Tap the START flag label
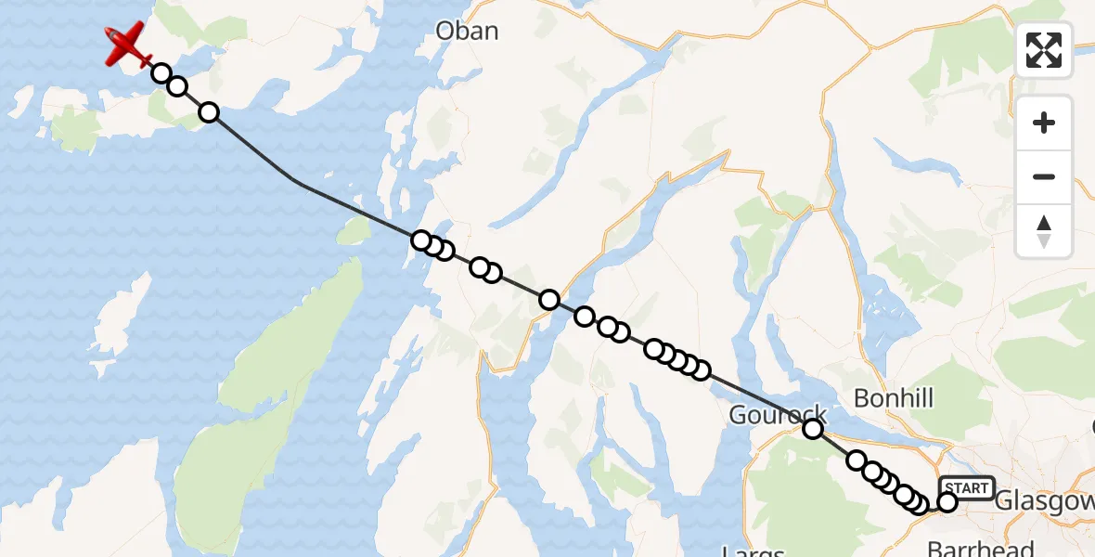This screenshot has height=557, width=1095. click(966, 487)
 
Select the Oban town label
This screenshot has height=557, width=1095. click(468, 31)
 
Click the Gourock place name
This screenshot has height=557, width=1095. click(778, 415)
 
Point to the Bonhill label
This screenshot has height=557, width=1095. click(894, 398)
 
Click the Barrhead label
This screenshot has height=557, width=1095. click(982, 548)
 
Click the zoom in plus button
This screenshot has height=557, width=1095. click(1044, 123)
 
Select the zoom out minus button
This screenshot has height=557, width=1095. click(1044, 176)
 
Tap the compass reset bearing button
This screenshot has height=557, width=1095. click(1044, 231)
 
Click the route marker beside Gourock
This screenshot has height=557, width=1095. click(813, 428)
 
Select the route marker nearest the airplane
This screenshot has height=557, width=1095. click(161, 73)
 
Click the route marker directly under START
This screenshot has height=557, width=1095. click(947, 502)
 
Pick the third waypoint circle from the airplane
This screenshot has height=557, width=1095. click(209, 112)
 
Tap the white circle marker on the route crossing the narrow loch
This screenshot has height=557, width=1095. click(549, 300)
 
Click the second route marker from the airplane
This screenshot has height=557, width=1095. click(177, 86)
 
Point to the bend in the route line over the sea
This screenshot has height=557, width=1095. click(297, 181)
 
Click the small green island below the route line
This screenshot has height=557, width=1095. click(354, 232)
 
